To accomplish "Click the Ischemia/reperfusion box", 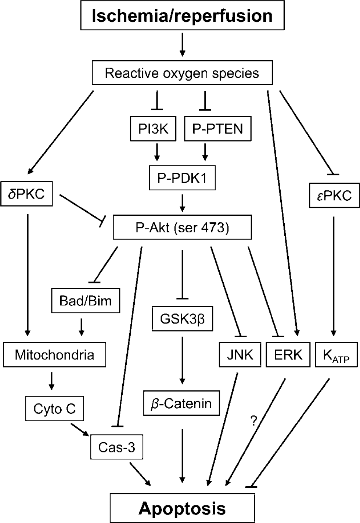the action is tap(182, 15).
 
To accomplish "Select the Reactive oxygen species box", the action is tap(182, 73).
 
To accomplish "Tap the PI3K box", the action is tap(153, 129).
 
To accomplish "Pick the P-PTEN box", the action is tap(218, 129).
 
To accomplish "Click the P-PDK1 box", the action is tap(182, 178).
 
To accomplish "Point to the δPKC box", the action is tap(26, 194).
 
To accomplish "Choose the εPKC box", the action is tap(334, 196).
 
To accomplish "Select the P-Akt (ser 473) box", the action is tap(182, 227).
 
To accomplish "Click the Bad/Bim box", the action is tap(86, 301).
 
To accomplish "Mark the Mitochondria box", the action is tap(55, 354).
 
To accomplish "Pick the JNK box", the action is tap(240, 354).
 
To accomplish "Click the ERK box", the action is tap(288, 354).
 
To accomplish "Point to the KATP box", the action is tap(336, 354).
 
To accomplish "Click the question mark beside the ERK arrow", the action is tap(253, 421).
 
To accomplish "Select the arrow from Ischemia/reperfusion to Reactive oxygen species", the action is tap(183, 44).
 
